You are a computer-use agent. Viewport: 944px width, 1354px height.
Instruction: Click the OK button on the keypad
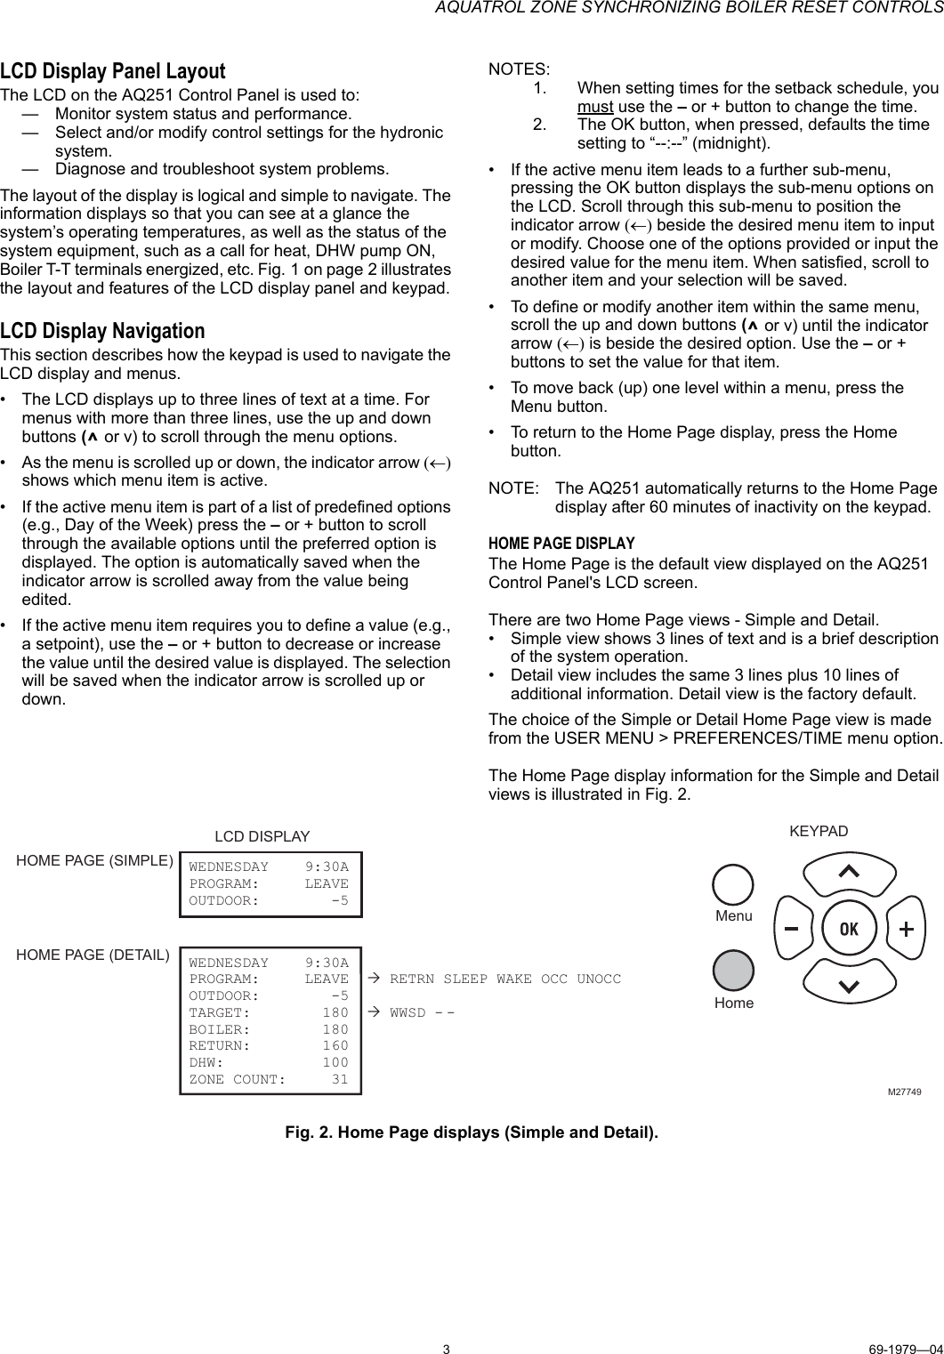coord(848,929)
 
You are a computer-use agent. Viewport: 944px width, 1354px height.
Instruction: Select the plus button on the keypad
coord(906,929)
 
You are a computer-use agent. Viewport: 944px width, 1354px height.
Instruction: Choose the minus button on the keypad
coord(790,929)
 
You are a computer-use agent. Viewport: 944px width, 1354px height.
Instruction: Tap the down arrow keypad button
coord(849,986)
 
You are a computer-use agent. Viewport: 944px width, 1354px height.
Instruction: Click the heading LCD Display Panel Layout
coord(113,71)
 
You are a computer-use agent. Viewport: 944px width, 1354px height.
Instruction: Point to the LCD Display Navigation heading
coord(102,331)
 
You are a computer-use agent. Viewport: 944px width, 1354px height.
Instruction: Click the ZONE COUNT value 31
coord(339,1079)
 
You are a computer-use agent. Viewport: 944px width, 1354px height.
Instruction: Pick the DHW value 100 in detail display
coord(335,1062)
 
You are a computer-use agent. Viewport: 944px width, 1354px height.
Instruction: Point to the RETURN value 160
coord(335,1045)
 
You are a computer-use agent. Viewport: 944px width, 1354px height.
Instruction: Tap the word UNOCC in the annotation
coord(599,979)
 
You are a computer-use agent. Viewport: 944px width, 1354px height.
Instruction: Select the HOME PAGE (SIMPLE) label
coord(95,860)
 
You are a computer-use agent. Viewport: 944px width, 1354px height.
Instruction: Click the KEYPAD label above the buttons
coord(819,831)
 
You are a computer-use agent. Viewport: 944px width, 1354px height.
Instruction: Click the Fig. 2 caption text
coord(472,1132)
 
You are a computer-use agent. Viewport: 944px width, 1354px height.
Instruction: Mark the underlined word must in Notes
coord(595,107)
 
